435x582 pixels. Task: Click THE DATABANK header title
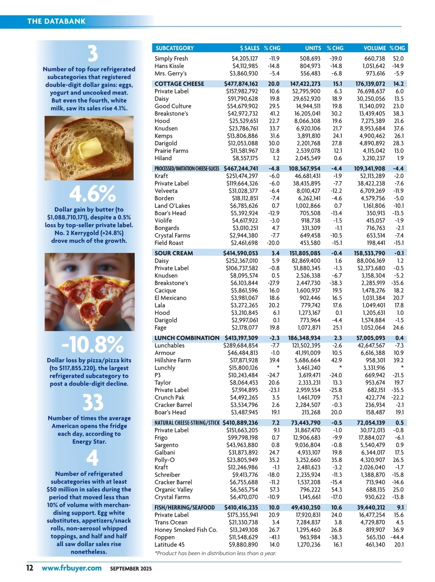pos(56,21)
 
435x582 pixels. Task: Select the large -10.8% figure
pos(92,344)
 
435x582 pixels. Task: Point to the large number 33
pos(93,402)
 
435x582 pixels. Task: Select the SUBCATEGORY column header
pos(175,48)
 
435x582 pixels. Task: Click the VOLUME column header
pos(374,48)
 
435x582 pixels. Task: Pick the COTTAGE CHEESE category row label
pos(179,84)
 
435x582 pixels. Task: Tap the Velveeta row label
pos(166,191)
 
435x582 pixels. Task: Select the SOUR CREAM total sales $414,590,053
pos(240,253)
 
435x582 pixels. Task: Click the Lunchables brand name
pos(169,345)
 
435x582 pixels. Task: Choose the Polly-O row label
pos(165,460)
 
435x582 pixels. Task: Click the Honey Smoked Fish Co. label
pos(186,530)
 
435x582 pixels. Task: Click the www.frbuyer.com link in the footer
pos(71,568)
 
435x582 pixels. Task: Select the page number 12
pos(29,568)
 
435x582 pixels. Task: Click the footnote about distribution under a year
pos(215,553)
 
